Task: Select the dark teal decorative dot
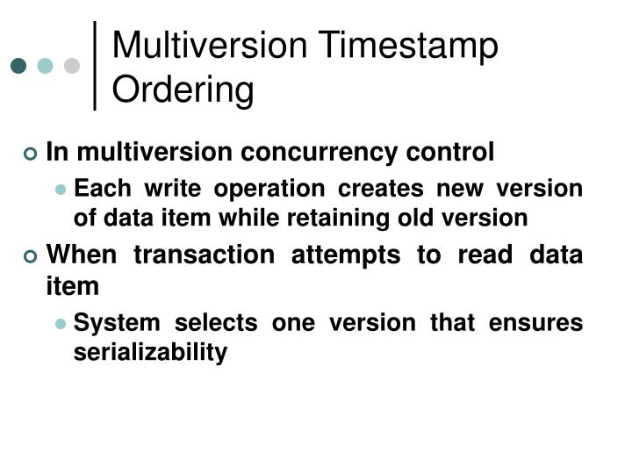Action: (18, 66)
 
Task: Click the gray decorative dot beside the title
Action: (72, 66)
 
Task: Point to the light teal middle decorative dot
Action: (45, 66)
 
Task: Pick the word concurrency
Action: (328, 153)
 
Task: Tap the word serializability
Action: (150, 352)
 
